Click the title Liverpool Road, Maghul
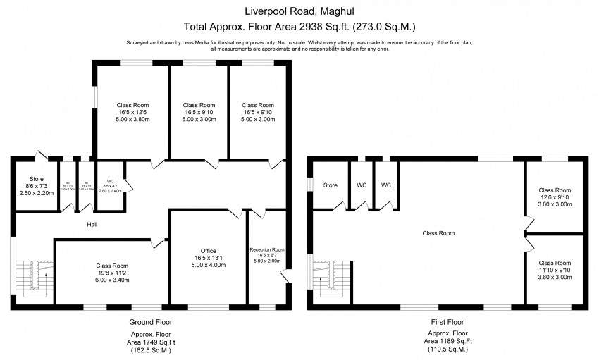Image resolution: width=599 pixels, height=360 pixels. tap(299, 11)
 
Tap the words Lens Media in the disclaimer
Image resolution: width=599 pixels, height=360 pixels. tap(197, 42)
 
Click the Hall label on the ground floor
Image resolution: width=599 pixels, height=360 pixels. tap(92, 225)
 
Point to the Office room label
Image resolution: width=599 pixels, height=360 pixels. tap(208, 251)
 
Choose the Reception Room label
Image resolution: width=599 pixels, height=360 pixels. tap(267, 249)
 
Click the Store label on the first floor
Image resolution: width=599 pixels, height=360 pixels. tap(331, 185)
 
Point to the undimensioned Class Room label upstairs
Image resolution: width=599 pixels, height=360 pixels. tap(438, 233)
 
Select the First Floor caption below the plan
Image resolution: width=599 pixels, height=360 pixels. tap(448, 321)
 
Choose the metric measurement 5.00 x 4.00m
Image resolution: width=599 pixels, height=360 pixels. tap(208, 266)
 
